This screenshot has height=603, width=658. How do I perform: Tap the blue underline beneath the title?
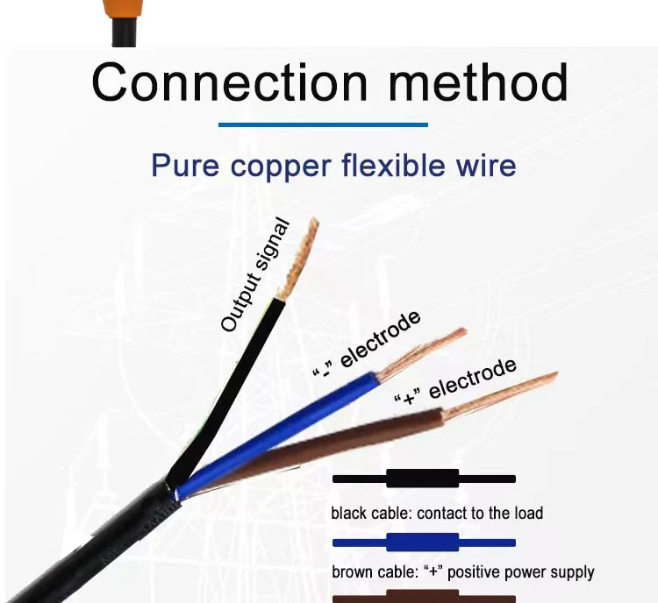coord(323,125)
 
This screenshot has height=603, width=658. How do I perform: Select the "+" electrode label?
coord(455,384)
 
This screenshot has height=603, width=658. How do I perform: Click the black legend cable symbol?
coord(423,479)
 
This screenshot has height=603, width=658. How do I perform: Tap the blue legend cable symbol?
coord(423,540)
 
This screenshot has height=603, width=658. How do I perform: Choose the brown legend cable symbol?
coord(423,598)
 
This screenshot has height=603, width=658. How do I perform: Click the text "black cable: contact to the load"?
coord(437,513)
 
